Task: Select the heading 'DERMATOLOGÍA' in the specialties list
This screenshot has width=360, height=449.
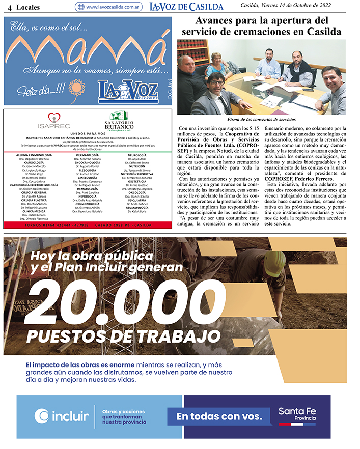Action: click(87, 154)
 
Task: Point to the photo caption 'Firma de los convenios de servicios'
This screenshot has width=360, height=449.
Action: click(261, 119)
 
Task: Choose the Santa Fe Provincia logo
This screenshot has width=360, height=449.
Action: click(297, 414)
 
